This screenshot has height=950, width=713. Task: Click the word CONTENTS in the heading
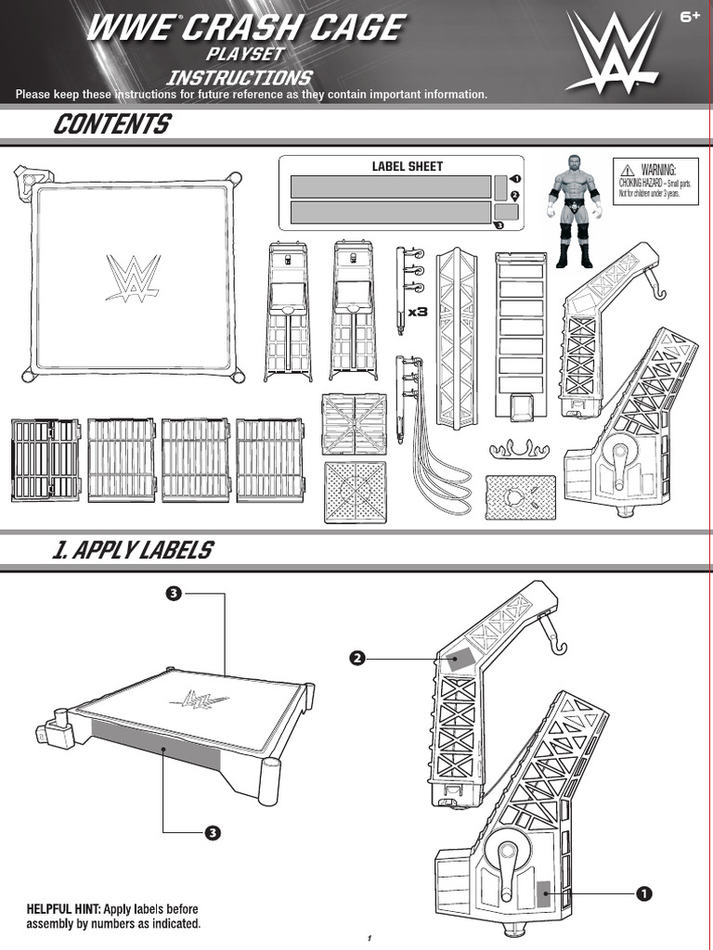click(x=111, y=123)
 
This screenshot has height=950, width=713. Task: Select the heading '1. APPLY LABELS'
click(x=132, y=550)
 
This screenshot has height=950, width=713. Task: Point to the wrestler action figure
click(x=573, y=210)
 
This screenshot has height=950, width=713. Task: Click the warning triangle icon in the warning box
click(x=628, y=169)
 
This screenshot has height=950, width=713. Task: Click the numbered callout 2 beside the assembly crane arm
click(x=356, y=659)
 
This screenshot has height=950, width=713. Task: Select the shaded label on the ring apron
click(x=155, y=743)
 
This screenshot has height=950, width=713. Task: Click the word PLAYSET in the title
click(x=245, y=56)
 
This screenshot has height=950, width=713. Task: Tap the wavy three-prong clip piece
click(x=520, y=450)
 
